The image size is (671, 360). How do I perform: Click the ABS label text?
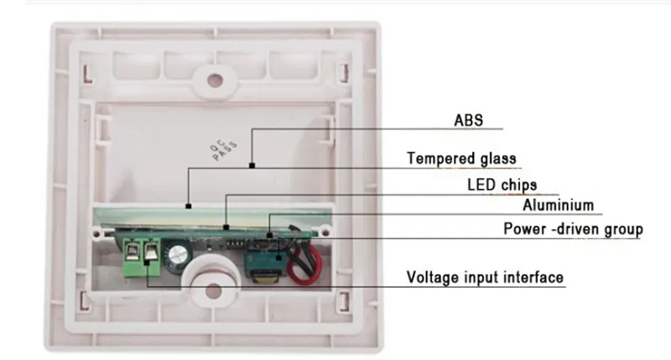[x=469, y=120]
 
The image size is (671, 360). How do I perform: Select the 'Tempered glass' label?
[x=461, y=159]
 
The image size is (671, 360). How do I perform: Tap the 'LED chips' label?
[x=502, y=185]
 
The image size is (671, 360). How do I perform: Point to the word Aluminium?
[x=558, y=205]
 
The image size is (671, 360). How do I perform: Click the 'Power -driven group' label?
[x=573, y=229]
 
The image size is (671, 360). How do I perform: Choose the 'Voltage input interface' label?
[x=485, y=278]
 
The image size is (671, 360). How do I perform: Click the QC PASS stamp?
[x=223, y=150]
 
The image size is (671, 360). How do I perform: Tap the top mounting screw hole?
[x=215, y=80]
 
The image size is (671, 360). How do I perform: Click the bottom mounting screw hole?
[x=213, y=291]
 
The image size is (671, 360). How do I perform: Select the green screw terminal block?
[x=141, y=258]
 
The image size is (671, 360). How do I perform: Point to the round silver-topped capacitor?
[x=178, y=255]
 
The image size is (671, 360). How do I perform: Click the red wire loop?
[x=304, y=264]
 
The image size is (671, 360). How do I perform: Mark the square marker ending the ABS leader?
[x=252, y=165]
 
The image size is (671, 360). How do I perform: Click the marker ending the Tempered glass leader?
[x=188, y=206]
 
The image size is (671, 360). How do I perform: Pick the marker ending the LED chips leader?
[x=226, y=227]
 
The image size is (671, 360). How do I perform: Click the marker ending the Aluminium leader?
[x=269, y=235]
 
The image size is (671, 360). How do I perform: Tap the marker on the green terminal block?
[x=147, y=263]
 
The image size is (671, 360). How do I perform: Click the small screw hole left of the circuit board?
[x=97, y=233]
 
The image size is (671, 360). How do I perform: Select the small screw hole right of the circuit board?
[x=325, y=232]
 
